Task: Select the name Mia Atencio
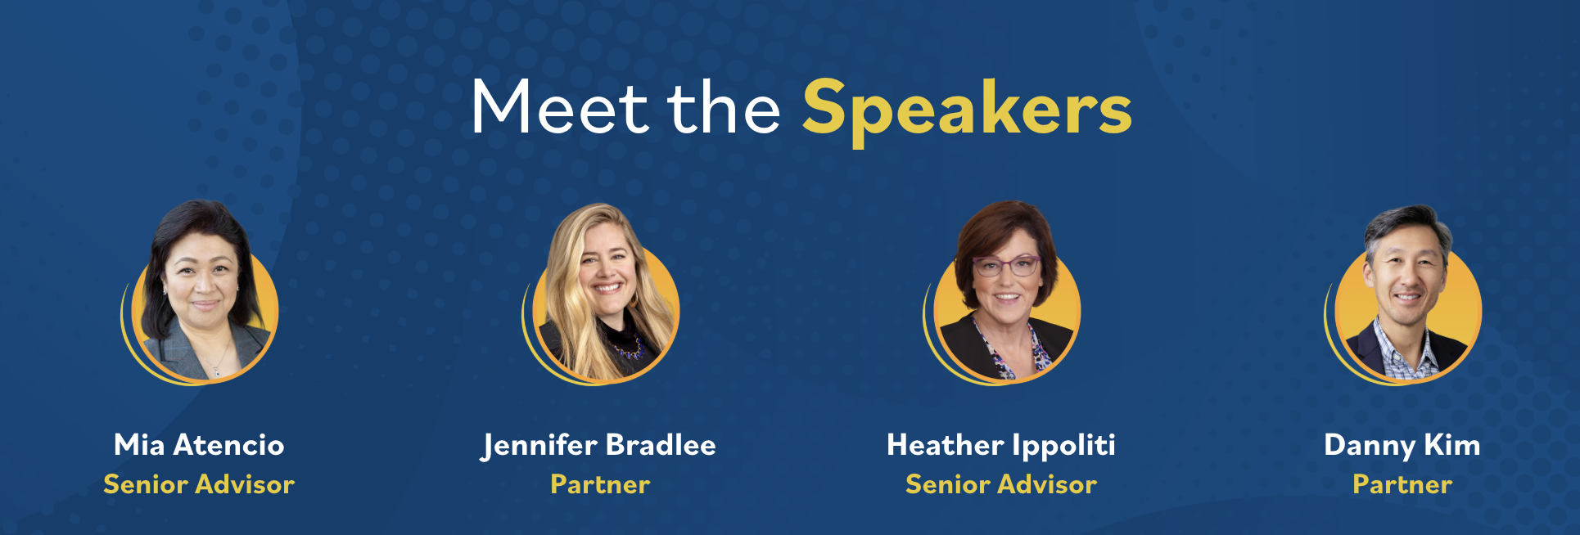(x=199, y=445)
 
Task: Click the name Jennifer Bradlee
(x=599, y=446)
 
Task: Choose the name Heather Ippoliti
(x=1001, y=446)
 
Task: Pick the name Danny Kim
(x=1402, y=446)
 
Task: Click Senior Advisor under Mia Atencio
(x=199, y=484)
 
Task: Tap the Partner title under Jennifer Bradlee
(x=600, y=484)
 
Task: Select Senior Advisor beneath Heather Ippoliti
(x=1001, y=484)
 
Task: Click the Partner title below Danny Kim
(x=1402, y=484)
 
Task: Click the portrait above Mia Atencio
(x=201, y=292)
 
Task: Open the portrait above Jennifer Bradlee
(x=602, y=294)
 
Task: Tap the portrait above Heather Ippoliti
(x=1003, y=292)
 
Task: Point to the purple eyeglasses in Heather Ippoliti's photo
(x=1006, y=266)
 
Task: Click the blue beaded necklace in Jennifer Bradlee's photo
(x=628, y=348)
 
